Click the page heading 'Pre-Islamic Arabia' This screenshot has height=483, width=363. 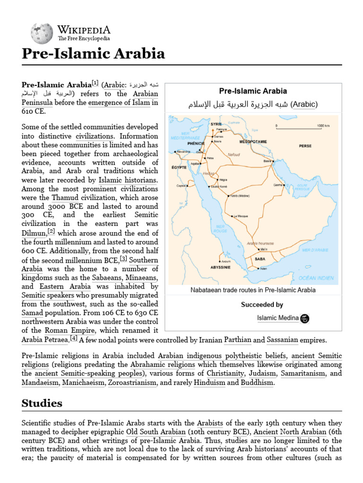93,54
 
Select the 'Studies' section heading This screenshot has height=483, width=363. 42,403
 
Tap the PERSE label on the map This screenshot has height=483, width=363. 305,146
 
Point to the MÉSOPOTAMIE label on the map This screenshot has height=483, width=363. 256,141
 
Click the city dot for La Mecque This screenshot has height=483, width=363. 232,216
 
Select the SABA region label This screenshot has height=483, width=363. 260,259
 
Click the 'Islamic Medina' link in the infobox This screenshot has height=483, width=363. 277,318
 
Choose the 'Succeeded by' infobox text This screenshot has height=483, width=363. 262,305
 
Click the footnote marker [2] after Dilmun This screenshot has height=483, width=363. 51,231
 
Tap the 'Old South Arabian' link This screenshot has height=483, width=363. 155,432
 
